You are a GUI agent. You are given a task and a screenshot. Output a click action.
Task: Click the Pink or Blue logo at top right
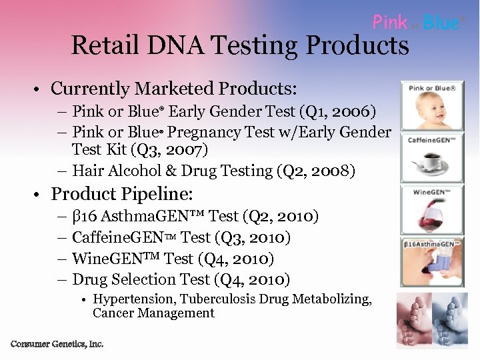coord(416,23)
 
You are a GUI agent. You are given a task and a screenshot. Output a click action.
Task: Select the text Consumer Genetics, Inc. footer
coord(57,344)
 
